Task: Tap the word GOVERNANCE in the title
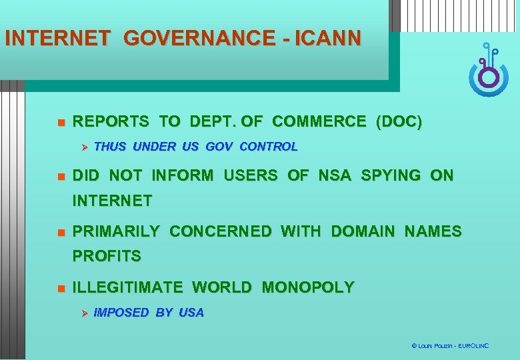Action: pyautogui.click(x=197, y=38)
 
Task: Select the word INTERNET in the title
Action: pyautogui.click(x=57, y=38)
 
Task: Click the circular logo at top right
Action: pyautogui.click(x=489, y=73)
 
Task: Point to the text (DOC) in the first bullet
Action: pyautogui.click(x=399, y=122)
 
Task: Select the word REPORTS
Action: pyautogui.click(x=110, y=122)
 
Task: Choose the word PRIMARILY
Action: pyautogui.click(x=115, y=232)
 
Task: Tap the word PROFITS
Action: pyautogui.click(x=107, y=256)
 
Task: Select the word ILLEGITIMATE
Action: pyautogui.click(x=127, y=288)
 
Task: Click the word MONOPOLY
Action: pyautogui.click(x=308, y=288)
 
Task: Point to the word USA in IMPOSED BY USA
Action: pyautogui.click(x=191, y=313)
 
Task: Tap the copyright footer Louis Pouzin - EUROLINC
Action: pyautogui.click(x=450, y=346)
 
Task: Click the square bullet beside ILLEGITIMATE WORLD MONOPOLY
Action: pyautogui.click(x=59, y=289)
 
